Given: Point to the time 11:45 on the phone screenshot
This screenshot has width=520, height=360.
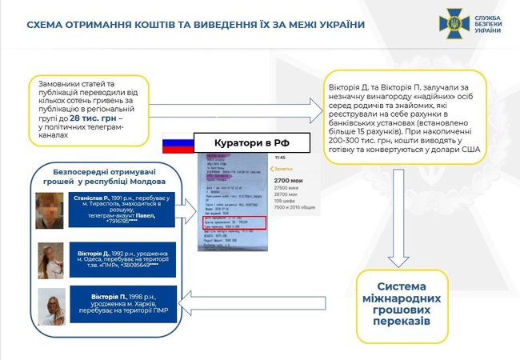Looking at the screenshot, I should click(281, 158).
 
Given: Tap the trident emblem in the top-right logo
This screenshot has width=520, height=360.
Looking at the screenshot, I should click(454, 24).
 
